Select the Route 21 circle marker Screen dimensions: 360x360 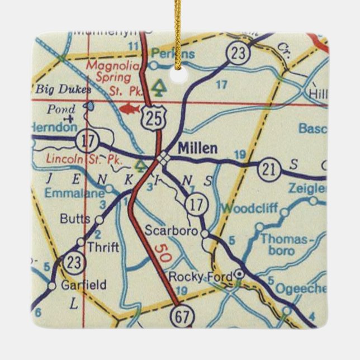click(x=269, y=169)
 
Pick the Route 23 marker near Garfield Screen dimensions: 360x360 click(x=72, y=262)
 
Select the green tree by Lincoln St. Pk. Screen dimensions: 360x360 click(x=140, y=164)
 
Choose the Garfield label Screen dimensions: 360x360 click(x=84, y=285)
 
